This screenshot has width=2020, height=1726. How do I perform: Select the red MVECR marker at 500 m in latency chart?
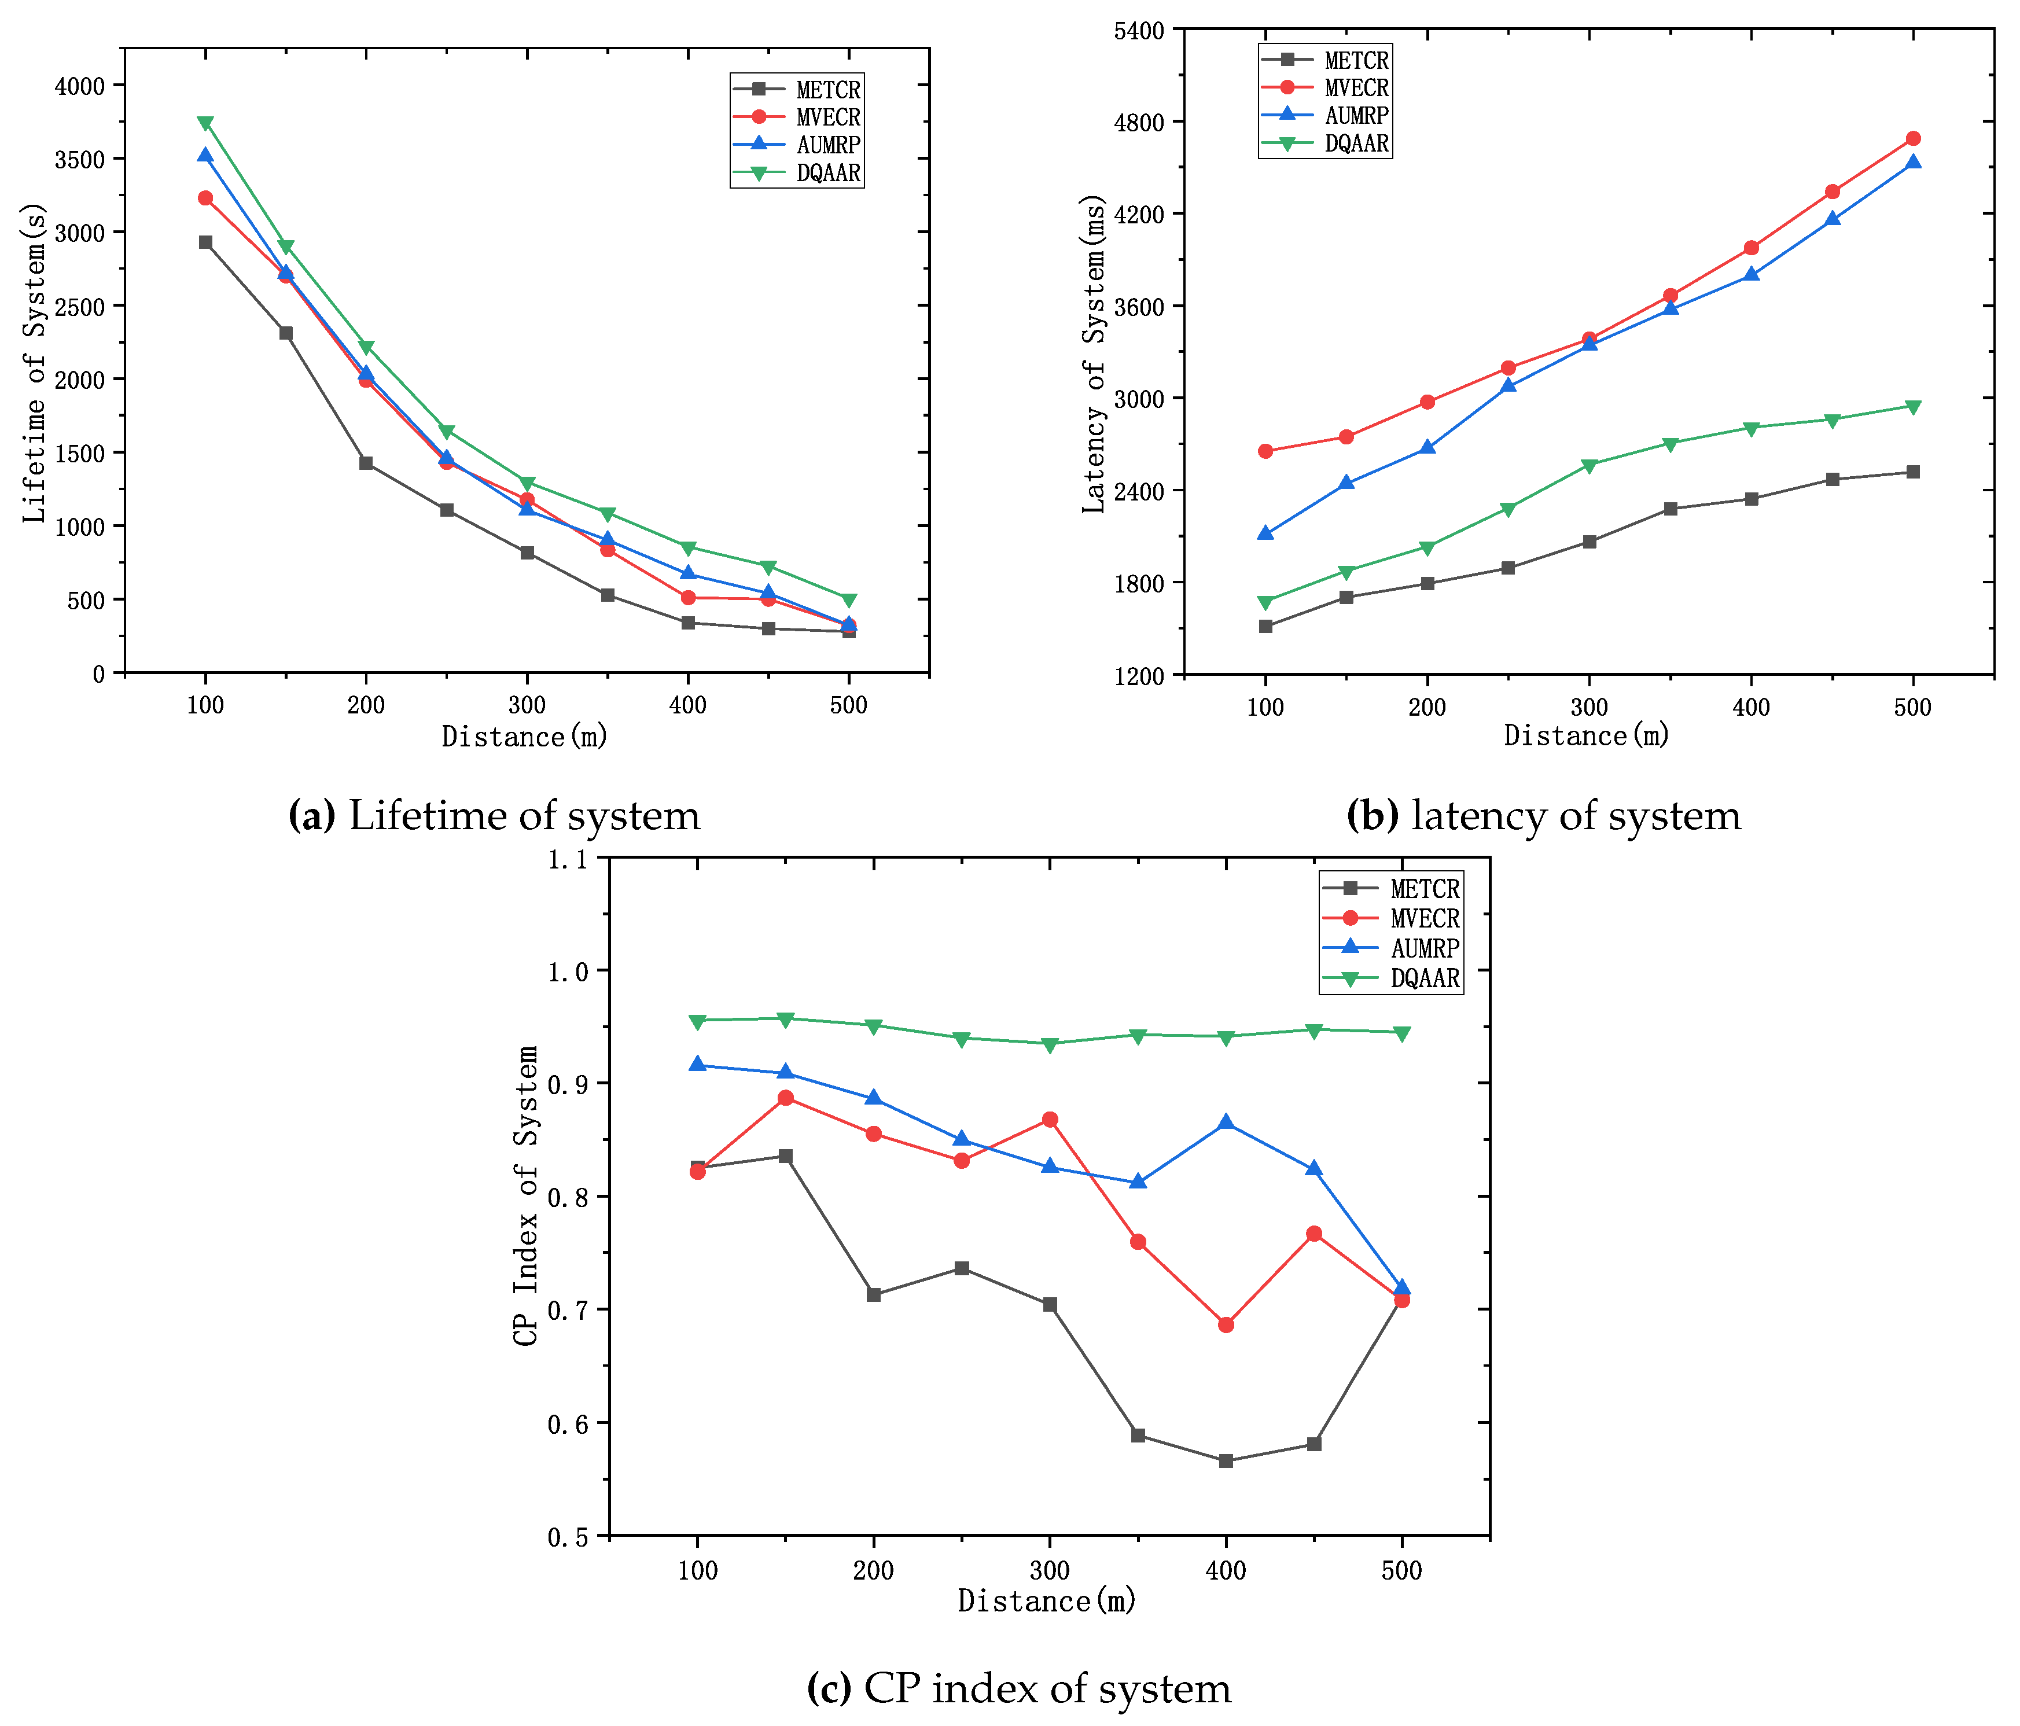1913,138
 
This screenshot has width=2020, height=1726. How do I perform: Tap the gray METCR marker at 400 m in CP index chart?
1226,1461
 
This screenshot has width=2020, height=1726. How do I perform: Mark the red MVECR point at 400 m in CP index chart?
1226,1324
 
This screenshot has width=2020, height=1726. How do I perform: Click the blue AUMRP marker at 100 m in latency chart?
1265,533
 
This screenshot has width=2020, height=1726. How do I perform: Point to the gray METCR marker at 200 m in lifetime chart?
366,463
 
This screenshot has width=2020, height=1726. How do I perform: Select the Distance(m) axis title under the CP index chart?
1047,1601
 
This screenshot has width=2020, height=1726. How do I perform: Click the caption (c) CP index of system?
1019,1688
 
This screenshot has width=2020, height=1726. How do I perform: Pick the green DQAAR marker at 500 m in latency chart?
1913,407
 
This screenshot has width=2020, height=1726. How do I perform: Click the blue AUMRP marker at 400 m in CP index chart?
1226,1123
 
